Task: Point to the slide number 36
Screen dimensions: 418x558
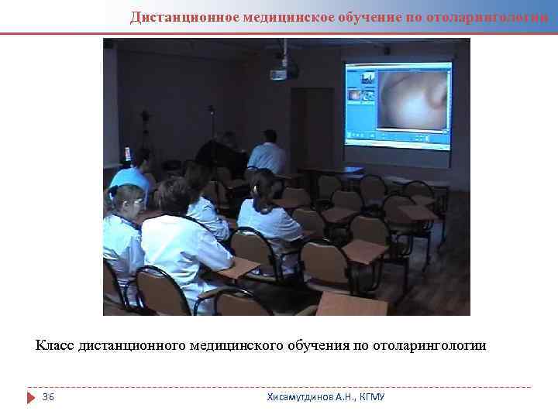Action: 48,397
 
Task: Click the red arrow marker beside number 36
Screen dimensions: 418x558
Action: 31,397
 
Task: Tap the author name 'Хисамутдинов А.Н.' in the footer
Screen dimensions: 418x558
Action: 311,397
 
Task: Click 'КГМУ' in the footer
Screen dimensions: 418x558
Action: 372,397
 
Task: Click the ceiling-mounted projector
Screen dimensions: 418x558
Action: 284,72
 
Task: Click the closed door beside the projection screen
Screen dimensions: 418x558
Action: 311,128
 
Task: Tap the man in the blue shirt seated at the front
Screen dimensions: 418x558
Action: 267,153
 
